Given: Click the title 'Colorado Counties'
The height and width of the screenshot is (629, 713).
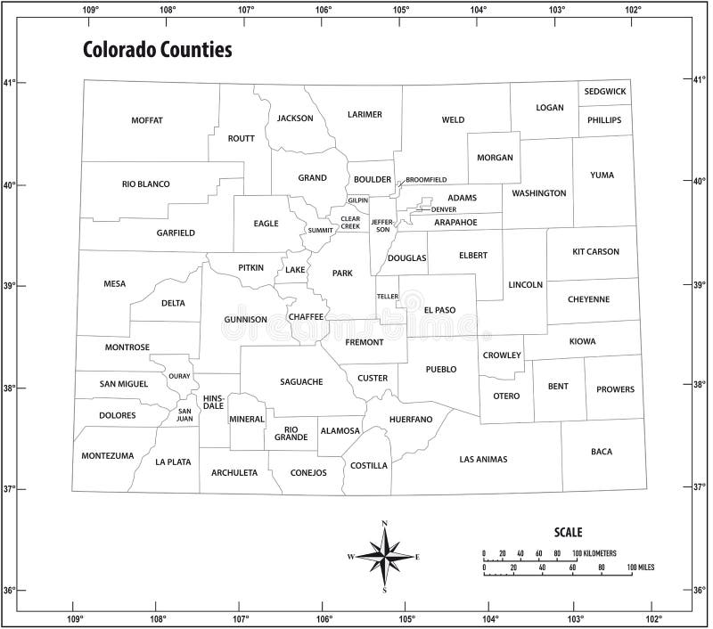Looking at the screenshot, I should click(x=157, y=50).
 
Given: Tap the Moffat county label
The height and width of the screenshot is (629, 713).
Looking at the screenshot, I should click(x=147, y=120).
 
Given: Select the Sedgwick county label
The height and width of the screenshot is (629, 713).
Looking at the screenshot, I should click(x=605, y=92).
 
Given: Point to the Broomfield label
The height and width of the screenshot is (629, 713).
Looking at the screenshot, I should click(x=426, y=180).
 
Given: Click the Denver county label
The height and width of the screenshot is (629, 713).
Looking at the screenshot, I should click(x=443, y=209).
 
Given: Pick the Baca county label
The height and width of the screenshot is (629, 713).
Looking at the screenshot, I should click(x=602, y=452).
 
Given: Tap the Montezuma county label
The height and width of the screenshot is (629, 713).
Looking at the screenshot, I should click(x=107, y=456).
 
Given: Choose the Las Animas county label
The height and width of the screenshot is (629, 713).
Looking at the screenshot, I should click(x=483, y=460).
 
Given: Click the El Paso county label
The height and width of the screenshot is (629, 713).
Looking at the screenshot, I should click(x=439, y=310).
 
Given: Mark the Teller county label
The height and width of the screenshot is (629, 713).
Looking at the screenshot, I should click(x=387, y=296).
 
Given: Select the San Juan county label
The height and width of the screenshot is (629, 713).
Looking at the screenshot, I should click(x=184, y=414).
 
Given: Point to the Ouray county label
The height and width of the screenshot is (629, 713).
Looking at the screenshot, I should click(x=179, y=377).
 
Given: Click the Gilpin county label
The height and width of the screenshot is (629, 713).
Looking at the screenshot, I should click(x=358, y=200).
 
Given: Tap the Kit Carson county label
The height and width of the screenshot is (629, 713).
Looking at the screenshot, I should click(x=595, y=252).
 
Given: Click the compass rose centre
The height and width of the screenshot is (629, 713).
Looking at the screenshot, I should click(x=385, y=557).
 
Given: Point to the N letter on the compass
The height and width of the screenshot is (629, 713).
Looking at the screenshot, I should click(x=385, y=523).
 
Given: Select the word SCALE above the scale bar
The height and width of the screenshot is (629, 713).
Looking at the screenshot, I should click(x=568, y=533).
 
